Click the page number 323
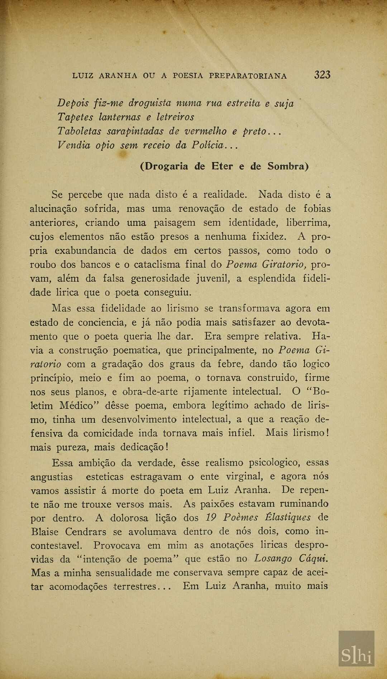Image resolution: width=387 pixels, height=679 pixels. (322, 75)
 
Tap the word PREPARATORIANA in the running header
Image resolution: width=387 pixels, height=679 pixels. (248, 76)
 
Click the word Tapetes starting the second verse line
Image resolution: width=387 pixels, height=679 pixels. (75, 117)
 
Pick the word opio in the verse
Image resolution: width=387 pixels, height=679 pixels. (105, 145)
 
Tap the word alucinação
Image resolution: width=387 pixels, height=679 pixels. (53, 209)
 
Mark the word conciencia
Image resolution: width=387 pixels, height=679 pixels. (101, 322)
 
